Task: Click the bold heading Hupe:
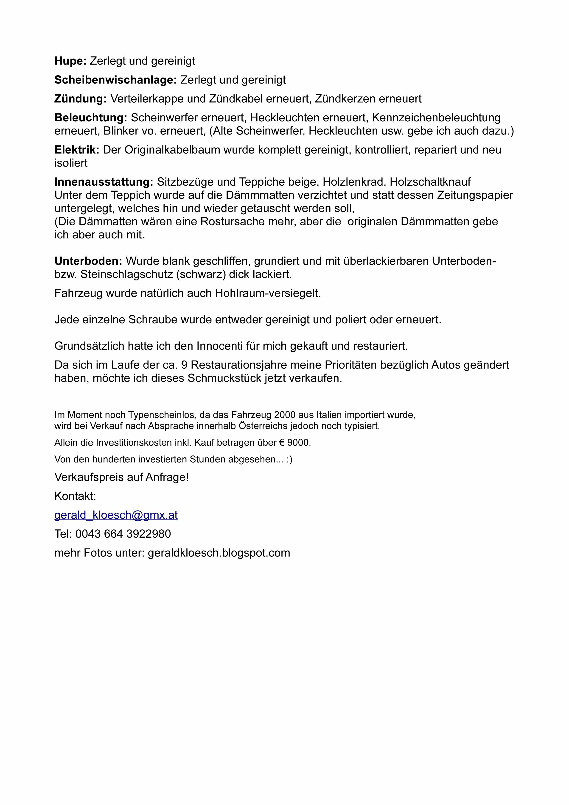point(70,61)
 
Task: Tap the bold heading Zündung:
point(80,99)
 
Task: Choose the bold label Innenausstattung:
point(104,182)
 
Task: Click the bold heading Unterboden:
point(88,261)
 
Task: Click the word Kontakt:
point(75,496)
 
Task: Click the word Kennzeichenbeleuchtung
point(436,118)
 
